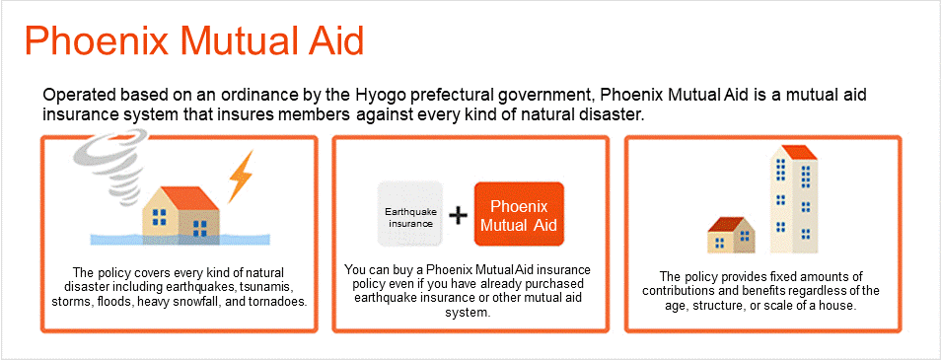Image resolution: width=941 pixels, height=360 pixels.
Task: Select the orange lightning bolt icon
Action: (241, 176)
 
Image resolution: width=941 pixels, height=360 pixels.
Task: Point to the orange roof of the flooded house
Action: (189, 198)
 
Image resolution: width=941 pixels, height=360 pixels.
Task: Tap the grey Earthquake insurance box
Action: (410, 214)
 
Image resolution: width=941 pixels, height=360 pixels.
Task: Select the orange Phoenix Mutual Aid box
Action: (519, 214)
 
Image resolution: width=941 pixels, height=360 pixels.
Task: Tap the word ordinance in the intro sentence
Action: (248, 96)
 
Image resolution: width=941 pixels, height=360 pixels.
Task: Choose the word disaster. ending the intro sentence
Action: (616, 114)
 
